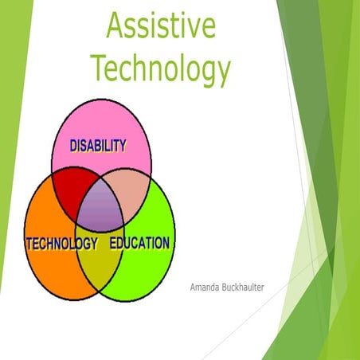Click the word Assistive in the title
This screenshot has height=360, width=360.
pyautogui.click(x=160, y=29)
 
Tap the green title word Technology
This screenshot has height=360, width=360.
pyautogui.click(x=160, y=70)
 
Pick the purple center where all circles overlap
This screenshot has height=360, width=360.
pyautogui.click(x=100, y=209)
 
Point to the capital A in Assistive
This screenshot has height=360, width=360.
pyautogui.click(x=116, y=29)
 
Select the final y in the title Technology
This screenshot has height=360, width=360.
pyautogui.click(x=221, y=74)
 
